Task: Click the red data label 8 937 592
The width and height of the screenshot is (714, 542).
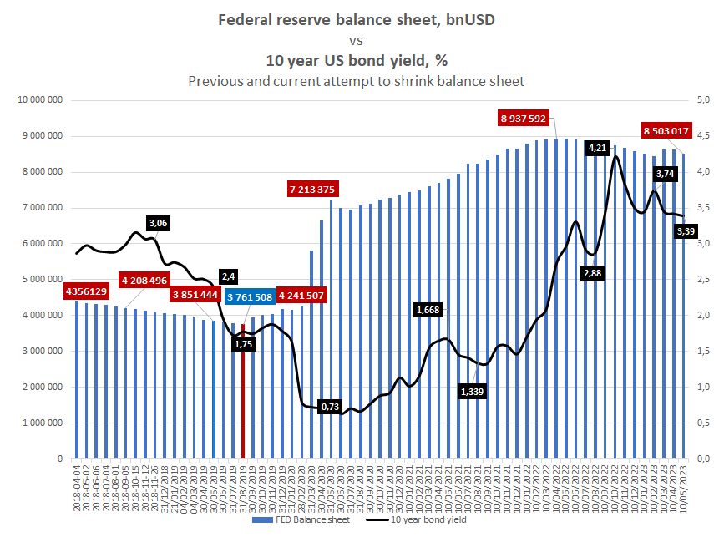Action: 524,119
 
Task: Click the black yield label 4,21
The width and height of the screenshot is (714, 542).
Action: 598,148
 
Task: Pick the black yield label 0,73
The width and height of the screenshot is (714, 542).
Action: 330,407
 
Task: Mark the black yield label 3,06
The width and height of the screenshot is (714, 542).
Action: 158,223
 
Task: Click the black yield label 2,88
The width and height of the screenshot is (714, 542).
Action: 592,273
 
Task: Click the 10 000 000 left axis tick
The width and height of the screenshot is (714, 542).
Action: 41,100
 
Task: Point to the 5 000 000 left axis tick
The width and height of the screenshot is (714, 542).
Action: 43,280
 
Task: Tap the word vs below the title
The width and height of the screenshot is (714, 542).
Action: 357,39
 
